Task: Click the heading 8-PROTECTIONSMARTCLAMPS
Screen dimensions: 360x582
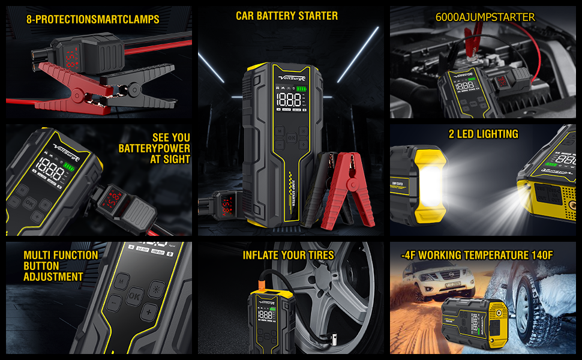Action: pyautogui.click(x=93, y=19)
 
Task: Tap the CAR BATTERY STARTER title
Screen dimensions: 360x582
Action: pyautogui.click(x=286, y=16)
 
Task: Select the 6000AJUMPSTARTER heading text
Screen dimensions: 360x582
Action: pyautogui.click(x=485, y=17)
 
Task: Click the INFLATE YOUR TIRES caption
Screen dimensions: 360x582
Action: pyautogui.click(x=288, y=255)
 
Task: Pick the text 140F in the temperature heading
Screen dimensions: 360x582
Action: pyautogui.click(x=539, y=255)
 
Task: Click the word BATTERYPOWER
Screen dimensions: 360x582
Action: pyautogui.click(x=154, y=148)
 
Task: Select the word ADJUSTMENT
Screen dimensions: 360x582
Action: pyautogui.click(x=53, y=277)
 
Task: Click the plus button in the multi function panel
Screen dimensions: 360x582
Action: pyautogui.click(x=148, y=313)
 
